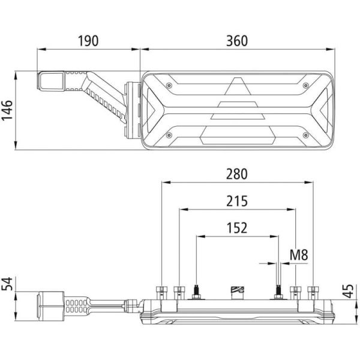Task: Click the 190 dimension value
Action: [88, 40]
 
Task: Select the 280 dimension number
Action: [237, 174]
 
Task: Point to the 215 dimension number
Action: [237, 202]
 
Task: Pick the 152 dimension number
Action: [237, 228]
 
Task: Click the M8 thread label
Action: [298, 256]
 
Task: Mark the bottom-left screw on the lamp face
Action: [170, 135]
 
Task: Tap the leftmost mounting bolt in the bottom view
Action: [162, 292]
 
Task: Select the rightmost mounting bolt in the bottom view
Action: [312, 292]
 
